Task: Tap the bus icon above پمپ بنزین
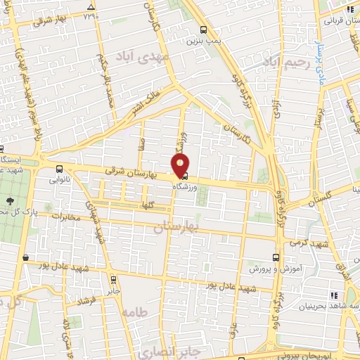204,30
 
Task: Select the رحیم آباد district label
286,63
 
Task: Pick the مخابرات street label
64,217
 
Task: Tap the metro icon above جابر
115,276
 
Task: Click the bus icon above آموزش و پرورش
276,258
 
